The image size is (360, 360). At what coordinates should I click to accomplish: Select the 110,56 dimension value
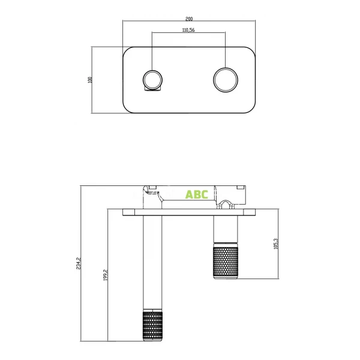(x=188, y=29)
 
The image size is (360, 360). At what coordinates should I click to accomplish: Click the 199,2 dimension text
(x=106, y=275)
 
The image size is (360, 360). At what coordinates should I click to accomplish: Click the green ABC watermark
(x=196, y=194)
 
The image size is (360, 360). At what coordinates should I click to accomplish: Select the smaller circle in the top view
(x=152, y=79)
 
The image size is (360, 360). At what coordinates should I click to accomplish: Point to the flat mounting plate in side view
(x=190, y=212)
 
